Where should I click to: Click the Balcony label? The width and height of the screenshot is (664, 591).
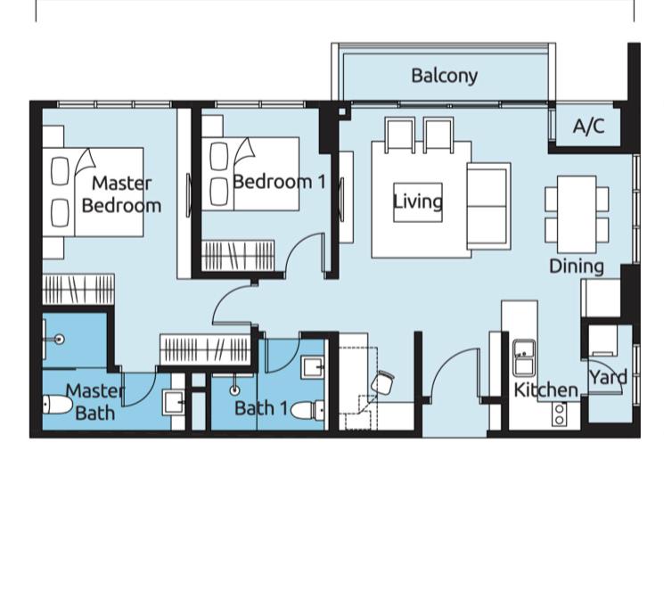point(444,76)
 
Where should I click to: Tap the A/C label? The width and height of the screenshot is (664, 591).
point(588,126)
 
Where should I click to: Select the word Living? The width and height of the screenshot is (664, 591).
point(418,201)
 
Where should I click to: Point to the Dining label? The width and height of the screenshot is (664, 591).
point(577,267)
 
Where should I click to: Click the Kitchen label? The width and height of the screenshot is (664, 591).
point(545,390)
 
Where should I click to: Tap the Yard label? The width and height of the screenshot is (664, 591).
point(609,377)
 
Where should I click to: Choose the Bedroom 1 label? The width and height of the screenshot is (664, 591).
point(280,182)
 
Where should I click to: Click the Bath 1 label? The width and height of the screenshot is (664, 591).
point(261,408)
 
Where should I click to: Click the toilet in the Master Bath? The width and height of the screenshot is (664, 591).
point(57,405)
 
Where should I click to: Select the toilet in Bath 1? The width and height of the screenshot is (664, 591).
point(307,411)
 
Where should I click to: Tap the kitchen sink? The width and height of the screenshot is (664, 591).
point(524,358)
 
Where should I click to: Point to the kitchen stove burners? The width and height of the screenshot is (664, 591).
point(560,415)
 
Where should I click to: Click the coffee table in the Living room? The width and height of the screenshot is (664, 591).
point(418,202)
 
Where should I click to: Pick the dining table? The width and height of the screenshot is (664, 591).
point(577,214)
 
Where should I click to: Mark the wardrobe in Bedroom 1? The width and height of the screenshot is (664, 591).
point(238,255)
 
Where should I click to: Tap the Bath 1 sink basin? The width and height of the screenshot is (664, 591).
point(313,368)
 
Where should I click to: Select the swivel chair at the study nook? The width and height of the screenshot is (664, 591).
point(382,382)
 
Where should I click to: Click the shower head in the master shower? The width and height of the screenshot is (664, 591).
point(60,339)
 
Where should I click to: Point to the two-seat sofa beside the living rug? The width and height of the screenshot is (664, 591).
point(488,206)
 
